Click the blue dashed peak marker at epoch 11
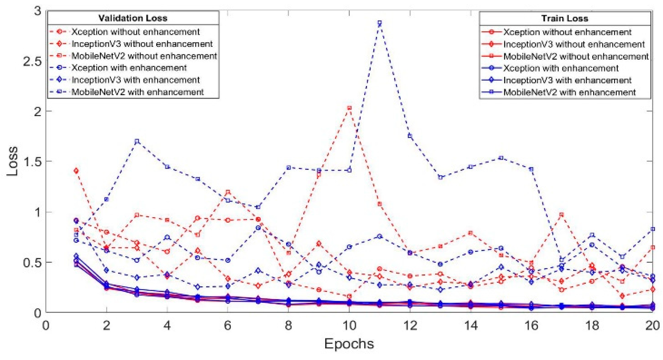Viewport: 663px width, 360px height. coord(379,23)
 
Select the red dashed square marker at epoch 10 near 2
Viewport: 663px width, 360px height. coord(349,108)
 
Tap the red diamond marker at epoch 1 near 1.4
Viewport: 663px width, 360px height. coord(76,171)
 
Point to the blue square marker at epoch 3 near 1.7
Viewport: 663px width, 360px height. coord(137,141)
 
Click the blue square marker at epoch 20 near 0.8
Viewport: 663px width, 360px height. coord(652,229)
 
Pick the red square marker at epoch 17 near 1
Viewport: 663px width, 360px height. coord(561,215)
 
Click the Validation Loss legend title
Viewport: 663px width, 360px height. coord(133,18)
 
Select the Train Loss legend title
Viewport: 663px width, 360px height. coord(564,18)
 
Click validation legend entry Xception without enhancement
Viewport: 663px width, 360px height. coord(135,32)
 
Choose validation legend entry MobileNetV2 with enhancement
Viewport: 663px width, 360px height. coord(137,92)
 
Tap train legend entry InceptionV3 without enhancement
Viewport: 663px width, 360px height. coord(574,44)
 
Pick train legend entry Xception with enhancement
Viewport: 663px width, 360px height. coord(561,68)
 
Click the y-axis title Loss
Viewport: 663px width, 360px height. coord(13,161)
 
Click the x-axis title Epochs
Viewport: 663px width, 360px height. coord(349,344)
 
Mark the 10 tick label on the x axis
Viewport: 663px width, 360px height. coord(349,325)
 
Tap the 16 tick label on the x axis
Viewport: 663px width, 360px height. coord(531,325)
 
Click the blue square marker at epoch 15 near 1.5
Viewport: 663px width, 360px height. coord(501,158)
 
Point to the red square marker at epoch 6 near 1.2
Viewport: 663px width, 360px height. coord(228,192)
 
